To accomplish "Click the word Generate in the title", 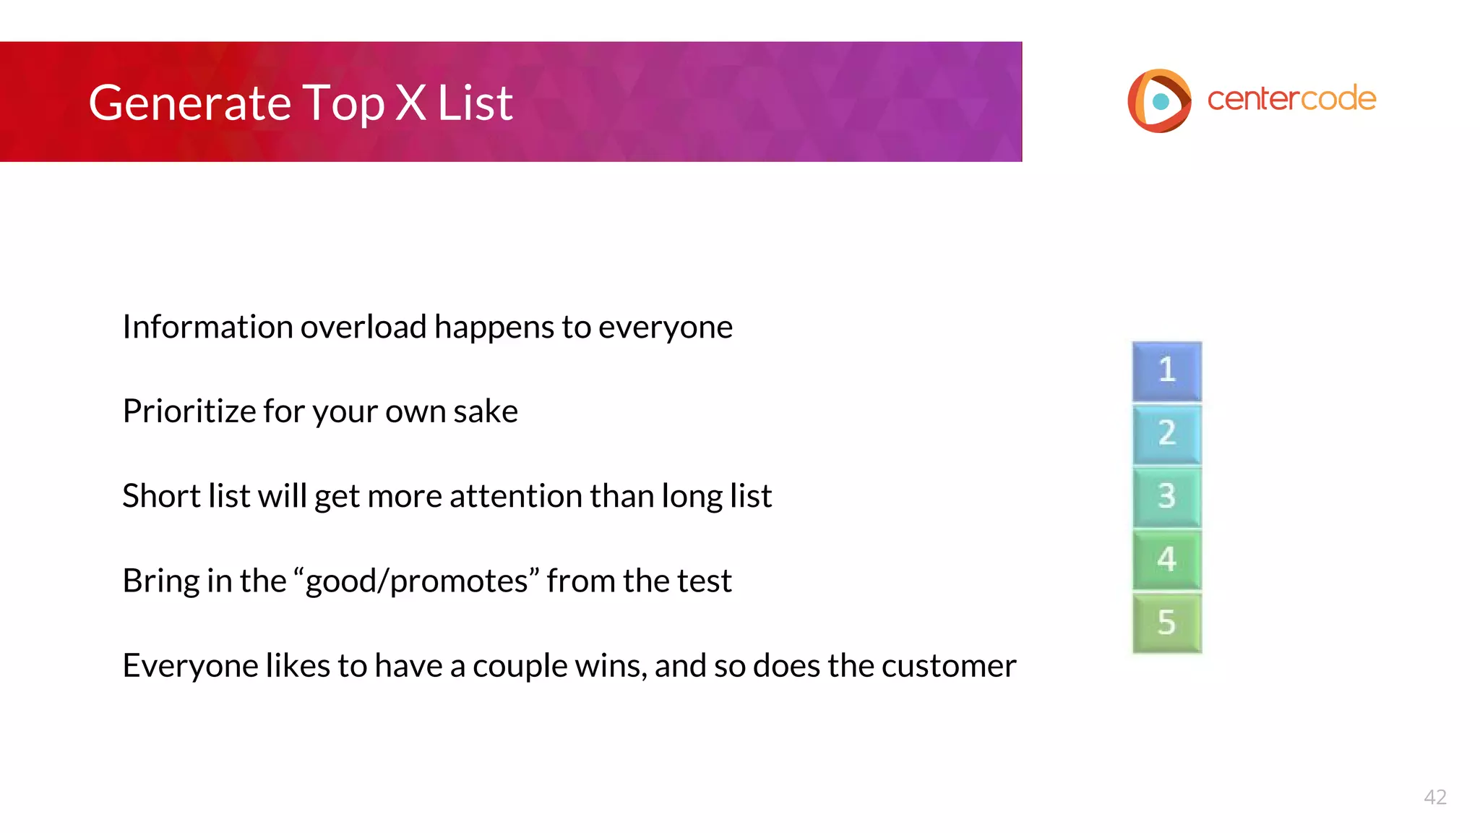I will pyautogui.click(x=189, y=103).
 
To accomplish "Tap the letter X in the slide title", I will pyautogui.click(x=410, y=103).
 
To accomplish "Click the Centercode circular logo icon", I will pyautogui.click(x=1159, y=101).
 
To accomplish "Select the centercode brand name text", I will pyautogui.click(x=1291, y=99).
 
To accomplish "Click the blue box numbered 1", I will pyautogui.click(x=1166, y=371).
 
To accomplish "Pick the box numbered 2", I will pyautogui.click(x=1166, y=434).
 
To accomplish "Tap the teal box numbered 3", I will pyautogui.click(x=1166, y=497).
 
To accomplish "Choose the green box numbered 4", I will pyautogui.click(x=1166, y=560).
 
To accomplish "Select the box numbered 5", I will pyautogui.click(x=1166, y=623).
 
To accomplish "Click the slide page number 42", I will pyautogui.click(x=1434, y=797).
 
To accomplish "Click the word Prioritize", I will pyautogui.click(x=189, y=411).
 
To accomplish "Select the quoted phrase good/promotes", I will pyautogui.click(x=417, y=581).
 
